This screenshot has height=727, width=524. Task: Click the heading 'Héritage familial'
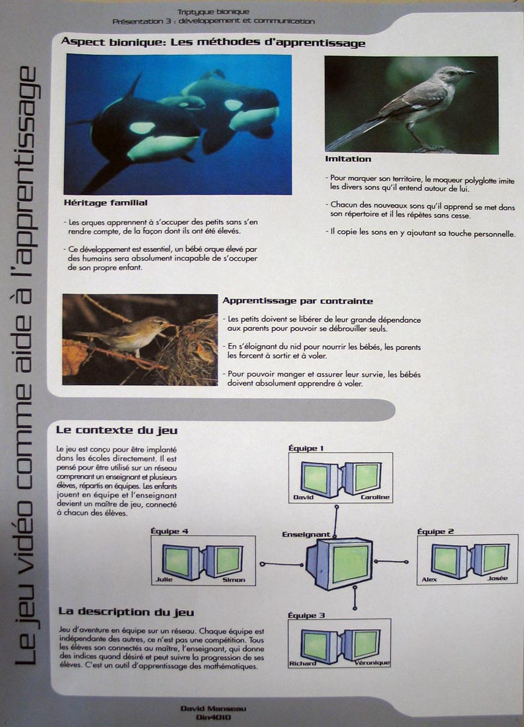coord(106,202)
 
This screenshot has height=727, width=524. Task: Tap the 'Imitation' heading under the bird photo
coord(348,159)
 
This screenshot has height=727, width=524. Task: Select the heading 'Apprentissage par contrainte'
coord(298,301)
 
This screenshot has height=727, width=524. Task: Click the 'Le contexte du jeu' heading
coord(117,431)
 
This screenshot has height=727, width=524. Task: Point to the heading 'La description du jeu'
coord(126,612)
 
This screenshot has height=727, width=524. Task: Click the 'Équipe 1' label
coord(306,448)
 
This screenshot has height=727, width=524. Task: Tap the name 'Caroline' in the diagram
coord(375,497)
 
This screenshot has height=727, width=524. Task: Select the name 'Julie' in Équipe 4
coord(163,579)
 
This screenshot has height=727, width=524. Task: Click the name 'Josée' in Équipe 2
coord(497,579)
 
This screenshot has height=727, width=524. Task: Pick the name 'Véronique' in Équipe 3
coord(372,662)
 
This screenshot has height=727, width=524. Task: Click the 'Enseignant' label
coord(306,534)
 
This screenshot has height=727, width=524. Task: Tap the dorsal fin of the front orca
coord(134,87)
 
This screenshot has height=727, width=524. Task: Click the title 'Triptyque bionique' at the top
coord(213,13)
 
